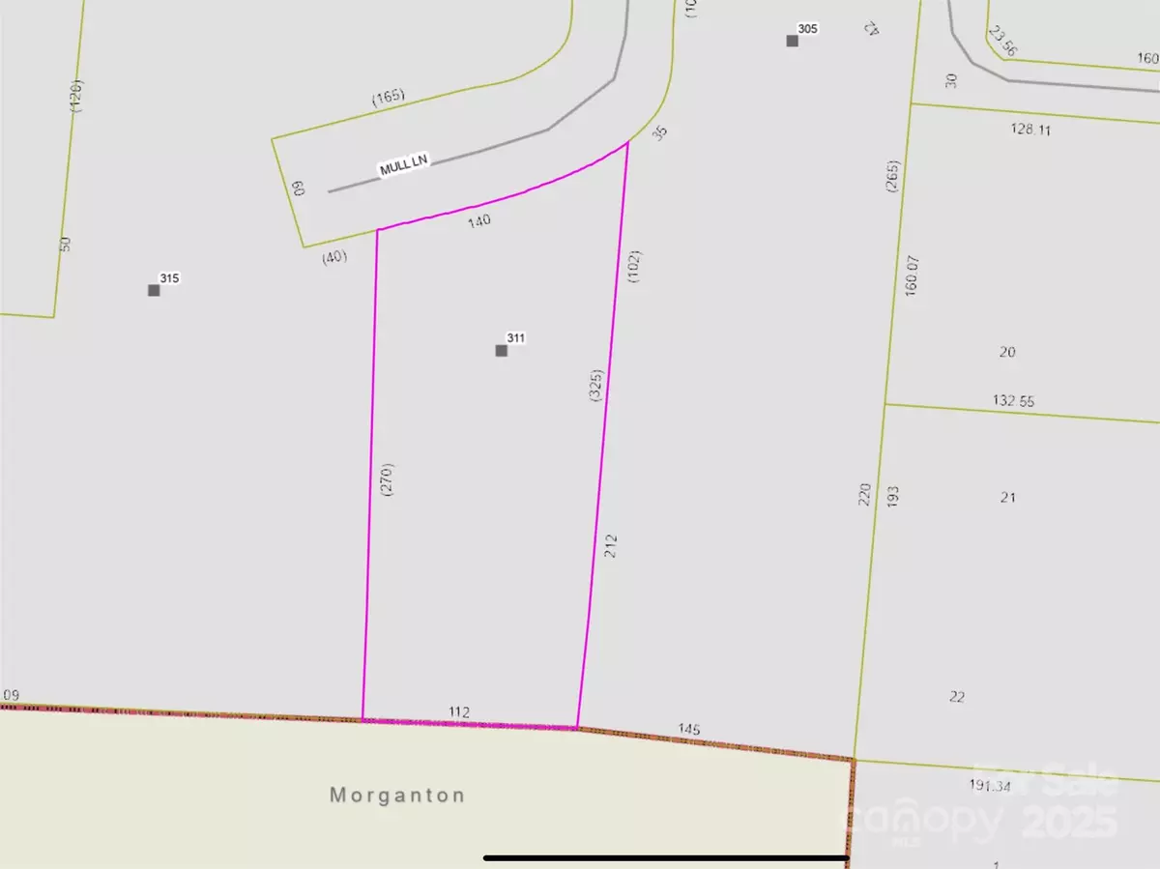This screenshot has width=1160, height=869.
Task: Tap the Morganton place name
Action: coord(397,796)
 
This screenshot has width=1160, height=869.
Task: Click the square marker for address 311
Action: coord(501,350)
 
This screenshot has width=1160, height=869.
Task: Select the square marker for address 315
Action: coord(154,290)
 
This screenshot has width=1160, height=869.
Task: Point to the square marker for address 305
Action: coord(792,41)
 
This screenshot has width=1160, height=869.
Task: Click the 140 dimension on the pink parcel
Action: coord(480,220)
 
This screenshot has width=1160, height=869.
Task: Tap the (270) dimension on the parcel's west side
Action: coord(388,480)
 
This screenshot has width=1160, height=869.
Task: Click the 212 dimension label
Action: coord(610,545)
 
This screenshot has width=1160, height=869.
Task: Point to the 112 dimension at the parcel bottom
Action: coord(459,712)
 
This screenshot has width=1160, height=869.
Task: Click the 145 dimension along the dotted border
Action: coord(689,729)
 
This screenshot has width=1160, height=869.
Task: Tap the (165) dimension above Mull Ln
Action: coord(389,97)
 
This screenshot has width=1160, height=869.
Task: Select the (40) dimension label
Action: coord(333,257)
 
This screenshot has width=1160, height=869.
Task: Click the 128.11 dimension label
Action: coord(1030,130)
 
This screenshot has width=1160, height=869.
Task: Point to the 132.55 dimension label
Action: coord(1013,400)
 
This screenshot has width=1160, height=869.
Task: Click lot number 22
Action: coord(957,696)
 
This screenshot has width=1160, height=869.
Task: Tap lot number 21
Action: coord(1008,497)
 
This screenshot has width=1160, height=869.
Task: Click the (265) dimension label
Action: coord(892,177)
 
